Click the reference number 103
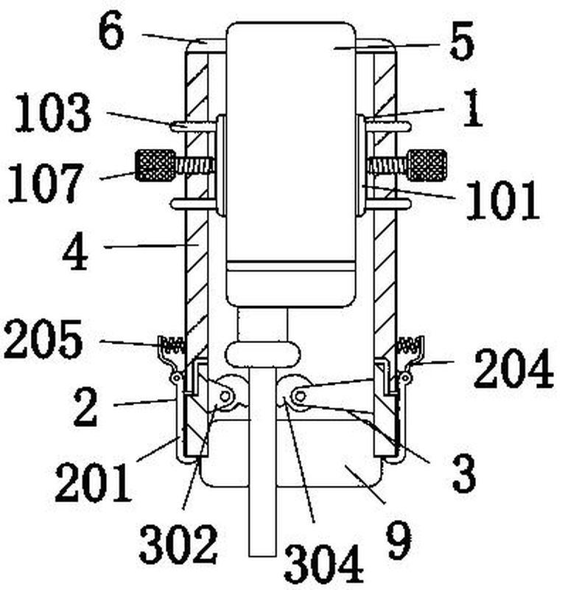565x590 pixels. click(x=53, y=113)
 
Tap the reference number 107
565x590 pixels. click(x=45, y=183)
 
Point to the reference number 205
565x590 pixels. click(x=43, y=339)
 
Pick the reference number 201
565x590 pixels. click(x=94, y=483)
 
